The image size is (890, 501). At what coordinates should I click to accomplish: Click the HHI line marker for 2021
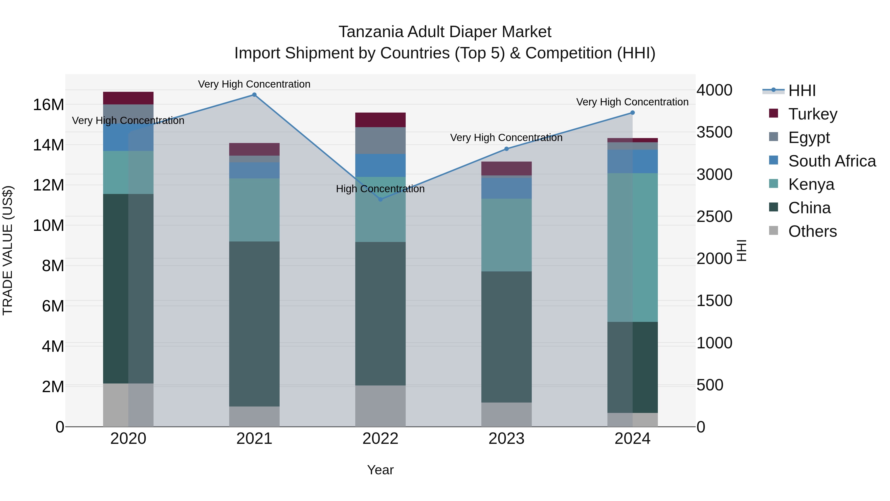click(x=254, y=95)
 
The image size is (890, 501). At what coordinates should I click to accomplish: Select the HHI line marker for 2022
click(x=380, y=199)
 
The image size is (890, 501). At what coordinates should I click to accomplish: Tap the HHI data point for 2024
click(x=633, y=113)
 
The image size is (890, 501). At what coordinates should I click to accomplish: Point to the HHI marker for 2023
click(x=507, y=149)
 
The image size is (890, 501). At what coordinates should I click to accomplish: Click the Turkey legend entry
click(x=813, y=114)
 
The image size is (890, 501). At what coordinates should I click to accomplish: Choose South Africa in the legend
click(x=832, y=161)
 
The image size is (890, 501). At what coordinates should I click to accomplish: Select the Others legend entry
click(x=812, y=231)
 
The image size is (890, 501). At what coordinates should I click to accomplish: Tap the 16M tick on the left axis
click(x=48, y=105)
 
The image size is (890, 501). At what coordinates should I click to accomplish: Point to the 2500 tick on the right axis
click(x=714, y=217)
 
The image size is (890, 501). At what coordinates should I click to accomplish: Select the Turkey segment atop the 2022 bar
click(x=380, y=120)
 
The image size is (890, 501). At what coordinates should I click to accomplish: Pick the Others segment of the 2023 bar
click(x=507, y=415)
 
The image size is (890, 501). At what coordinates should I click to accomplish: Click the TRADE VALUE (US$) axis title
click(x=8, y=250)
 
